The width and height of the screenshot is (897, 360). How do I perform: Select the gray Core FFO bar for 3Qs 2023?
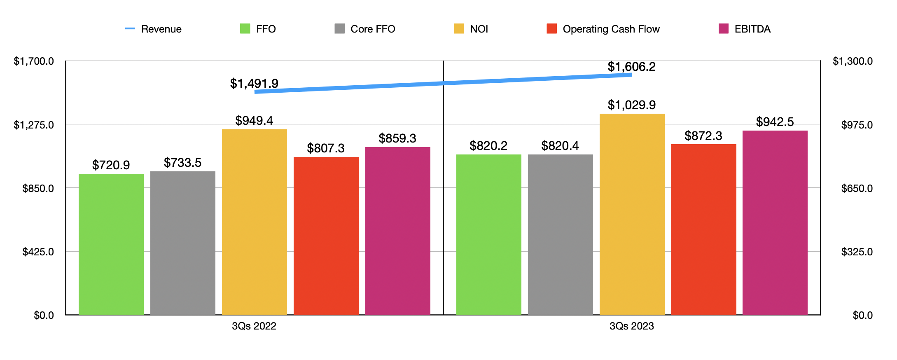coord(560,234)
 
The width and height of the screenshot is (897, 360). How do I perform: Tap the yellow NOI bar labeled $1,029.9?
coord(632,214)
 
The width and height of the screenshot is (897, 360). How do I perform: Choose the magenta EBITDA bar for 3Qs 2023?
coord(775,222)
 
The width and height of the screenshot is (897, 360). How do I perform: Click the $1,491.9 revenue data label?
coord(254,84)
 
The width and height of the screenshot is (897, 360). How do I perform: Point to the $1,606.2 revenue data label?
coord(631,67)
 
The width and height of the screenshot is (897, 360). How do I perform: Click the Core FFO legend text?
coord(373,29)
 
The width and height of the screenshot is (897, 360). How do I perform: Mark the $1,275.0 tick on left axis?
coord(34,125)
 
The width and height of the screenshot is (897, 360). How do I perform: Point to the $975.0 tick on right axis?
coord(857,125)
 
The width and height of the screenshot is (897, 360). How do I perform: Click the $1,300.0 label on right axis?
coord(853,61)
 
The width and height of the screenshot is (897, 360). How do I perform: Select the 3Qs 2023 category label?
coord(631,326)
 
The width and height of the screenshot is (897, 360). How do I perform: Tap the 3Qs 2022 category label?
coord(254,326)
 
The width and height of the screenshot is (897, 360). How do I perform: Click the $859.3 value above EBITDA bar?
coord(397,138)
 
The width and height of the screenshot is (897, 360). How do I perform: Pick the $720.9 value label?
coord(111,165)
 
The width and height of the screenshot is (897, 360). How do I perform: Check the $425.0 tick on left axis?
coord(38,252)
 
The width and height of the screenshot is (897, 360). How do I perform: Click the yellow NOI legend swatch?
coord(459,29)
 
